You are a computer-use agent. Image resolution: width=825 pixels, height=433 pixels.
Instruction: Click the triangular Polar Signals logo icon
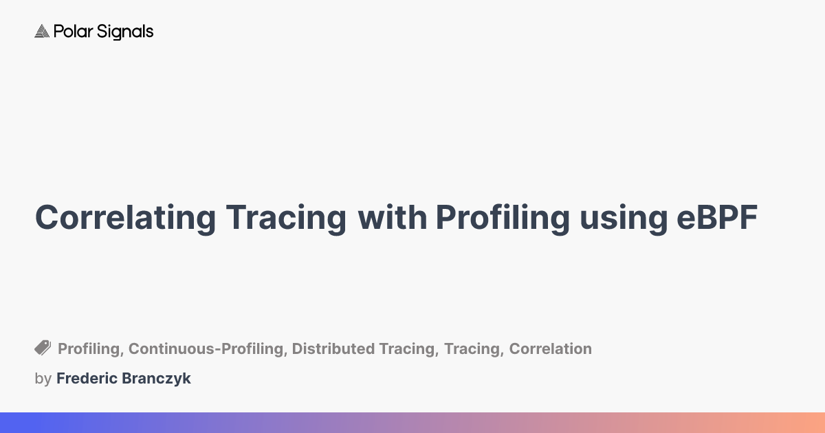click(42, 32)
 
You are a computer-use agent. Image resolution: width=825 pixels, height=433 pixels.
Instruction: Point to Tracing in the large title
click(285, 218)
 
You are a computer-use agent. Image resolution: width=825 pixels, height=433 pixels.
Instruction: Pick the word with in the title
click(391, 218)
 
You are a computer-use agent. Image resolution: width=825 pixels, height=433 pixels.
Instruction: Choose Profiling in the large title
click(502, 218)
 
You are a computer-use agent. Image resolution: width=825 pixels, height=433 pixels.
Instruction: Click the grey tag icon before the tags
click(43, 348)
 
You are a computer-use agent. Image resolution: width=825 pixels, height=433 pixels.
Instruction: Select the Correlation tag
click(550, 349)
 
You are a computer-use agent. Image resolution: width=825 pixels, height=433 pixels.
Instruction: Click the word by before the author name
click(43, 379)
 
